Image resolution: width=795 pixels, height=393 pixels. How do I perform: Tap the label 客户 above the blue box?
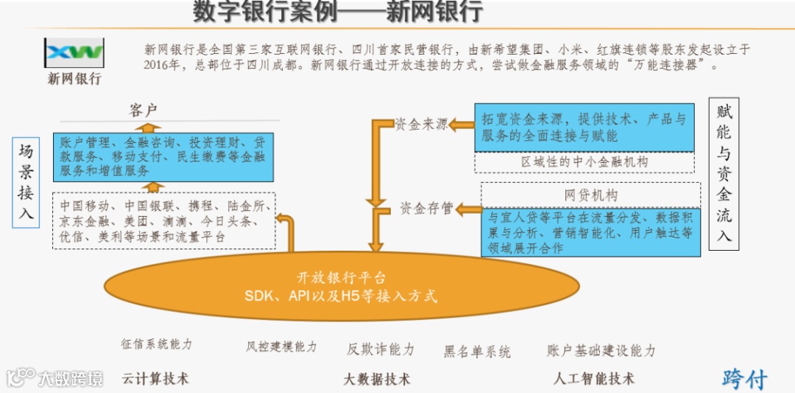(144, 111)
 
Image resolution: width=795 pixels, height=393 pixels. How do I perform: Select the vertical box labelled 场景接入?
(26, 182)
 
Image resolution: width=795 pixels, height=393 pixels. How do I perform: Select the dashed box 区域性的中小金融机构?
(584, 162)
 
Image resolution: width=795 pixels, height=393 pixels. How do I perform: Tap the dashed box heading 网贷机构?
(591, 195)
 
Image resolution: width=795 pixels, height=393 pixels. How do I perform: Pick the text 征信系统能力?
(157, 344)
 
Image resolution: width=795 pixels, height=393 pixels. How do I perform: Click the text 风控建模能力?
(281, 346)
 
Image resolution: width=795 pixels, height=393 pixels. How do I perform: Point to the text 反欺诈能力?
(381, 349)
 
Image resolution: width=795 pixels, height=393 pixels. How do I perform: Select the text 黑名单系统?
(477, 352)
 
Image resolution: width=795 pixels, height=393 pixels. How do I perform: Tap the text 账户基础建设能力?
(601, 350)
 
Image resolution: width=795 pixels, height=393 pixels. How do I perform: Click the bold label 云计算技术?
(155, 378)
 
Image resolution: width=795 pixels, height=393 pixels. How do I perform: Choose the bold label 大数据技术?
(377, 379)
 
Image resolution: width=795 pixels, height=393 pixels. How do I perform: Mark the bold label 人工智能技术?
(594, 378)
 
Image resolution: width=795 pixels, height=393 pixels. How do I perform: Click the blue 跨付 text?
(744, 378)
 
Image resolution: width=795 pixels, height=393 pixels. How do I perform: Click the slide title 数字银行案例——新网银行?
(338, 12)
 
